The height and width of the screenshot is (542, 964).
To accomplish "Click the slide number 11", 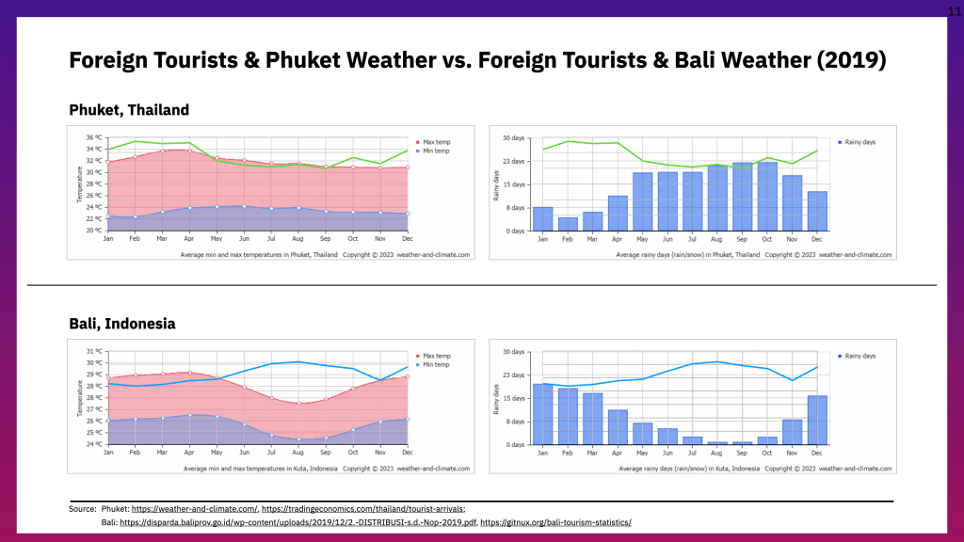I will pos(953,8).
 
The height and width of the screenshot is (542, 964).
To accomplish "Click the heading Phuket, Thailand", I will pos(129,110).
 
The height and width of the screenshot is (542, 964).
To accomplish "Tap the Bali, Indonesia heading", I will pos(122,324).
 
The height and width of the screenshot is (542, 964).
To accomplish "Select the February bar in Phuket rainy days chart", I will pos(568,224).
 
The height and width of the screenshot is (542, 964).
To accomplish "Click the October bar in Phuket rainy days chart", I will pos(767,197).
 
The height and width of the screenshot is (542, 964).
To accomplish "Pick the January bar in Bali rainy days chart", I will pos(543,414).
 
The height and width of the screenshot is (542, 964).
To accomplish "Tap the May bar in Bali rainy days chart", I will pos(642,434).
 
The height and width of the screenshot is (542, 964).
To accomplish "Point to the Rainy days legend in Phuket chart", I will pos(858,142).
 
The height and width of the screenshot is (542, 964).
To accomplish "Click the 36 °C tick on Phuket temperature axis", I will pos(93,138).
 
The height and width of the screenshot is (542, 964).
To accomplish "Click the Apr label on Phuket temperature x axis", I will pos(190,238).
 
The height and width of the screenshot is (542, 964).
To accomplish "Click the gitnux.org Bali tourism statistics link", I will pos(555,522).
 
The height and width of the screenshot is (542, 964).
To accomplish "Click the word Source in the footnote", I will pos(83,509).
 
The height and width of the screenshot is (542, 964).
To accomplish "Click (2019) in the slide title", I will pos(851,61).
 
